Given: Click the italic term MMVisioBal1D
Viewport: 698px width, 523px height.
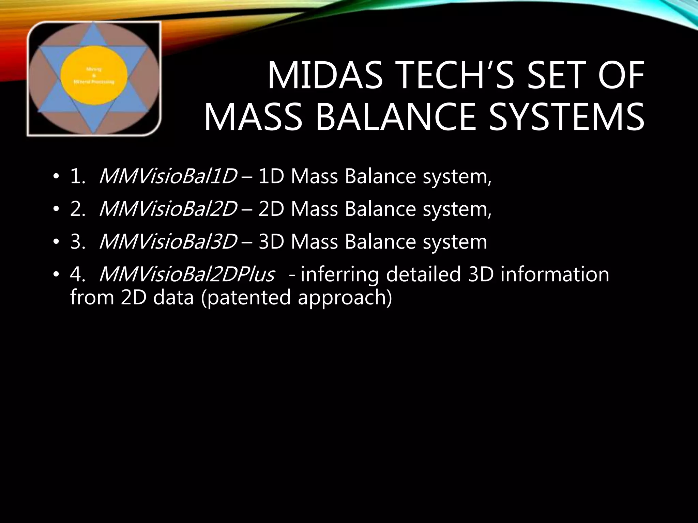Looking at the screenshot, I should tap(167, 177).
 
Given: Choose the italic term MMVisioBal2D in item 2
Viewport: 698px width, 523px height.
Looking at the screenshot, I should tap(167, 209).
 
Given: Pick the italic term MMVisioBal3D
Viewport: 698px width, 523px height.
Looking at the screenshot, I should tap(167, 242).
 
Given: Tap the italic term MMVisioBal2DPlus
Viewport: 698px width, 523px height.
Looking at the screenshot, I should tap(186, 274).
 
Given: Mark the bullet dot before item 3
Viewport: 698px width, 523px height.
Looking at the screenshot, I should tap(56, 242).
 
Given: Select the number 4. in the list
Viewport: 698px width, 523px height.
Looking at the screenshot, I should tap(77, 274).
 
